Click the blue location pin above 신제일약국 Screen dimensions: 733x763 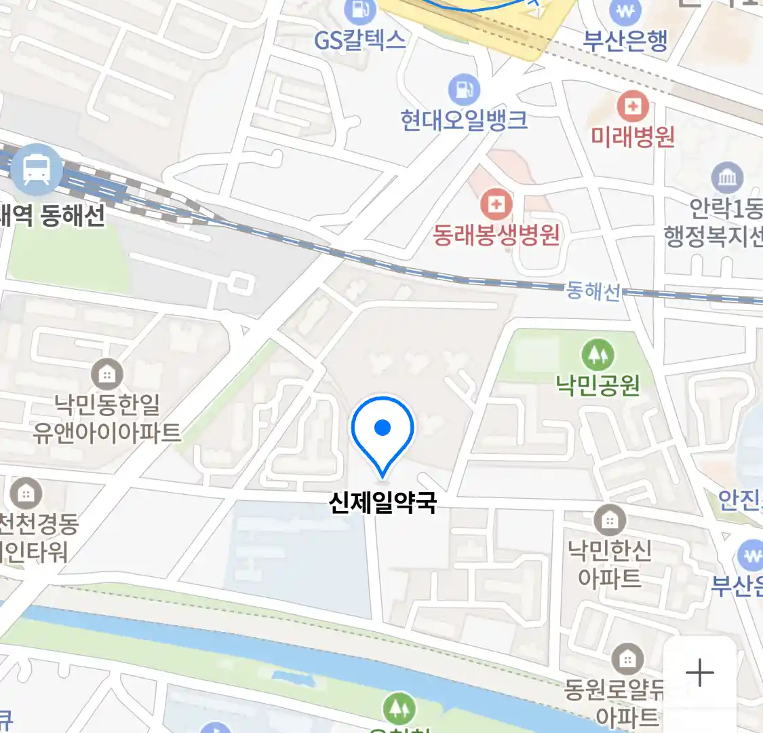point(383,432)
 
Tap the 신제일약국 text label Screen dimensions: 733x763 point(383,502)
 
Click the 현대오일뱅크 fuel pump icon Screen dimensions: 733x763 point(464,89)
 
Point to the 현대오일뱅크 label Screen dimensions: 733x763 point(464,121)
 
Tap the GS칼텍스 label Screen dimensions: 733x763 point(359,41)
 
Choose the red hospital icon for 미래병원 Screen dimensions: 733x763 point(632,107)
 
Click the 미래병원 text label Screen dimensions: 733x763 point(632,137)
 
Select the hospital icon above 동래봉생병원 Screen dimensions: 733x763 point(496,204)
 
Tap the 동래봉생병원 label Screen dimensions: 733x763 point(496,235)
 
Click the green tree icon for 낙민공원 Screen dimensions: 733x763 point(597,354)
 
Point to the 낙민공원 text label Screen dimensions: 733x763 point(598,385)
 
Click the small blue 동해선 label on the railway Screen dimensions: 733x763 point(593,291)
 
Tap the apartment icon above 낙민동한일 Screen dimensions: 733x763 point(106,374)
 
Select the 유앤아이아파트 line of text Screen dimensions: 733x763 point(106,433)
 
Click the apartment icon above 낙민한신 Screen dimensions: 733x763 point(609,521)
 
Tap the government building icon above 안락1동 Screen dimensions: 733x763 point(727,178)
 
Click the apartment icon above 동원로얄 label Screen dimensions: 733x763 point(627,658)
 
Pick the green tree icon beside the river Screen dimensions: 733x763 point(399,709)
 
